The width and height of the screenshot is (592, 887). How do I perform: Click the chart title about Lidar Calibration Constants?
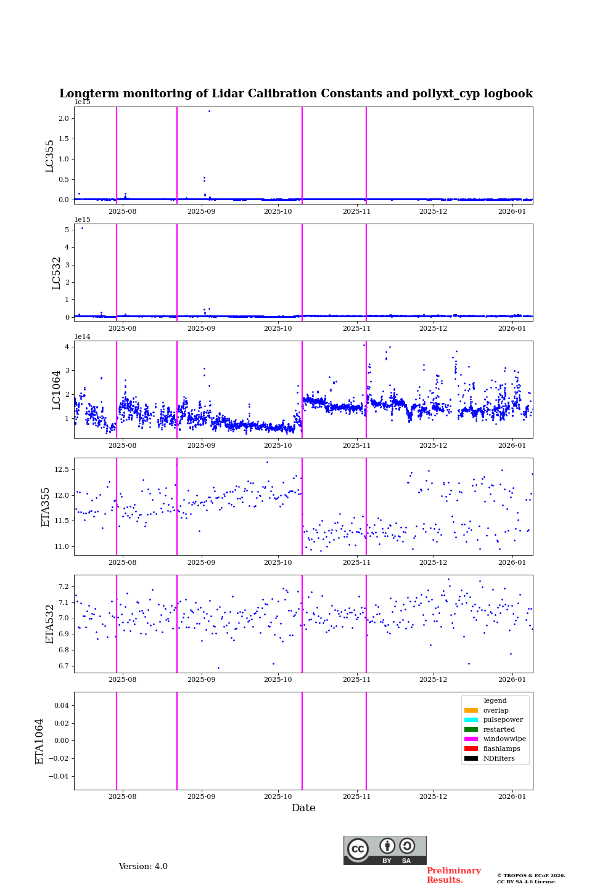295,94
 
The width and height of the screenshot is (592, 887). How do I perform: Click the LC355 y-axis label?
50,156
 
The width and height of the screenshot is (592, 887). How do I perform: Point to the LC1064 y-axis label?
57,389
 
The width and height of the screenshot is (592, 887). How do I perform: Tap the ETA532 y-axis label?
50,624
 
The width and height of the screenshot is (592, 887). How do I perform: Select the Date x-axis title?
303,808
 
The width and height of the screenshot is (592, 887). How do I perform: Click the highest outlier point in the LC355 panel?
209,111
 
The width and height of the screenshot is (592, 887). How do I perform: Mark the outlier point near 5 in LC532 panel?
82,229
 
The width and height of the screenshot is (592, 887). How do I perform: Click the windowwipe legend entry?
504,739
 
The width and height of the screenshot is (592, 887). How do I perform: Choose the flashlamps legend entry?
501,749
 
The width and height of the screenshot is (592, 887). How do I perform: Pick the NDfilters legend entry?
499,759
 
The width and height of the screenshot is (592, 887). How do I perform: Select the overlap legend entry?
496,711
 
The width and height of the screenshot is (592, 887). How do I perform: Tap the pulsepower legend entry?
503,720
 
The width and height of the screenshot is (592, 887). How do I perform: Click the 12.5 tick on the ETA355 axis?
61,469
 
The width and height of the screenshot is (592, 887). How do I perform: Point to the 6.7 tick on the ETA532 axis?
63,666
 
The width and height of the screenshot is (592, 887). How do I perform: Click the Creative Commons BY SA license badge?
385,850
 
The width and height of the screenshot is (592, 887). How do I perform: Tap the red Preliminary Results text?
453,875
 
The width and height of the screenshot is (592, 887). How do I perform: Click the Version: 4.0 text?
143,867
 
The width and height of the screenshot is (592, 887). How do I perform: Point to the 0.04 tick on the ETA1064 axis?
60,705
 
